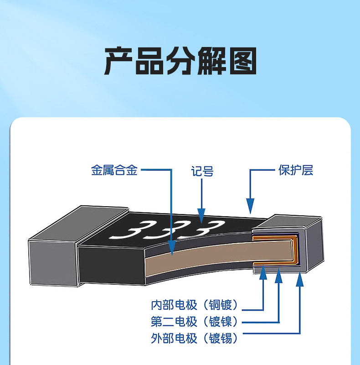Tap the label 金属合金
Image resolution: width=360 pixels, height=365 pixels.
(x=114, y=171)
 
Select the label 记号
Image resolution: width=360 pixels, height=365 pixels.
(x=202, y=172)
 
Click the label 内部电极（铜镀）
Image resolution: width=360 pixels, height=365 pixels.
(x=195, y=304)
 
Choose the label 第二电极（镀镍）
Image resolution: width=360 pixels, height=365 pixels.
(x=195, y=321)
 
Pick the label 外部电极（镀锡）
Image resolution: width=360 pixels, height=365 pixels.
(x=195, y=338)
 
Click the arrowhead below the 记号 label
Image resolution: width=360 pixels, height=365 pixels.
(x=201, y=211)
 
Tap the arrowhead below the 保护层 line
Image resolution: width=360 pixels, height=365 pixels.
(x=250, y=206)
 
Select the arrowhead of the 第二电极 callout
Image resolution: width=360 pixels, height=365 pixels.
(x=278, y=273)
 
